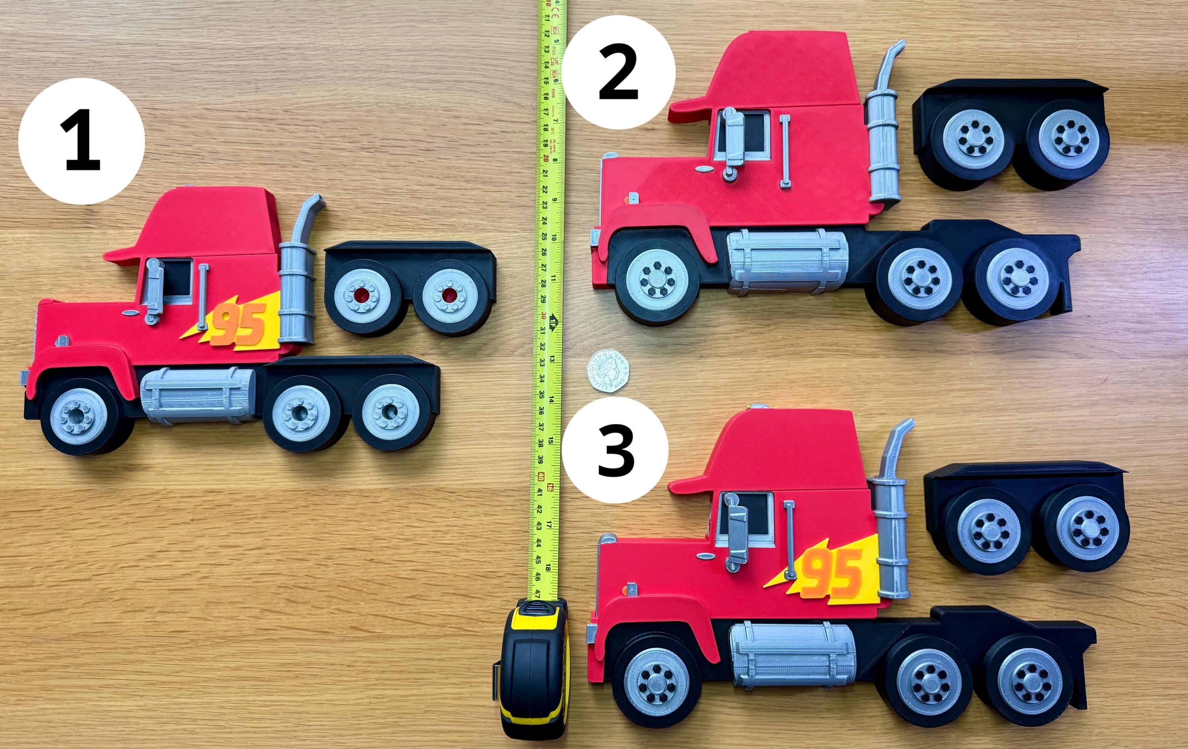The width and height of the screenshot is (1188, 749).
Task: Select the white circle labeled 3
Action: [615, 450]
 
